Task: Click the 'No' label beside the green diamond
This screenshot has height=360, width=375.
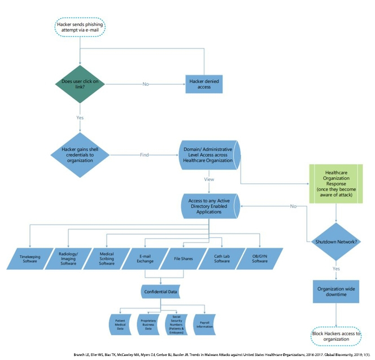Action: pyautogui.click(x=146, y=84)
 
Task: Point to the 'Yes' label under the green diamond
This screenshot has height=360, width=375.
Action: pyautogui.click(x=80, y=118)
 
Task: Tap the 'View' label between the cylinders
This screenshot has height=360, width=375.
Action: pyautogui.click(x=208, y=180)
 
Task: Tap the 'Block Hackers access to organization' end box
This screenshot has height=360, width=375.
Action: pyautogui.click(x=337, y=337)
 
